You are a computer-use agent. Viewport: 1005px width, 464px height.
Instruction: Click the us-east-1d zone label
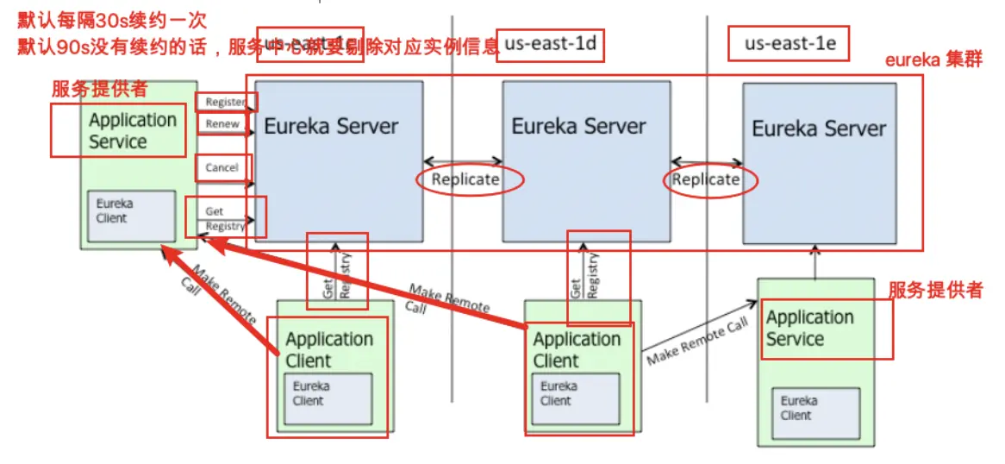pos(550,45)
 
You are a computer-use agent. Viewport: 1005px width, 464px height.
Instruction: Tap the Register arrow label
pos(226,102)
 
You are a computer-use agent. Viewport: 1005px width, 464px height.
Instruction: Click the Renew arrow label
pos(222,124)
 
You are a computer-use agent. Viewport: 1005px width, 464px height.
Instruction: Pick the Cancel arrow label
pos(222,167)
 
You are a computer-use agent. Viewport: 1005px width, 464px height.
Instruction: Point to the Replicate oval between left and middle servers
pos(465,179)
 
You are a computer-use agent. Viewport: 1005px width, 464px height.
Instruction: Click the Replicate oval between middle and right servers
pos(706,179)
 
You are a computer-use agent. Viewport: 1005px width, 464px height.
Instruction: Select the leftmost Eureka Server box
pos(338,161)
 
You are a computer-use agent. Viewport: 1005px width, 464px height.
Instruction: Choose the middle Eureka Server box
pos(578,161)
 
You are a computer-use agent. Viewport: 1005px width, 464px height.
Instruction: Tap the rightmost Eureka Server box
pos(819,164)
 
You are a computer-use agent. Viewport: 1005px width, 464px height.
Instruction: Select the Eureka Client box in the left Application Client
pos(328,398)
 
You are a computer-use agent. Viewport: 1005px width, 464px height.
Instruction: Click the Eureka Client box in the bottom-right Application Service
pos(815,411)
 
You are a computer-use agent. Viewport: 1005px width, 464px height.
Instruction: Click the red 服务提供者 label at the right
pos(935,290)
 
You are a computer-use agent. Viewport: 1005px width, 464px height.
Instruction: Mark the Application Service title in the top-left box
pos(132,131)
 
